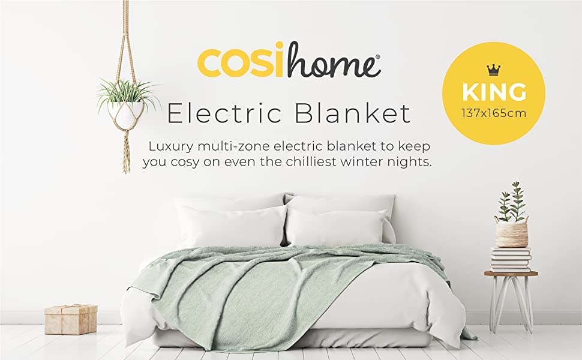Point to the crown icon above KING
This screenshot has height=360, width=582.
[493, 71]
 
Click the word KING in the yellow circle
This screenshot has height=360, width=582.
[493, 92]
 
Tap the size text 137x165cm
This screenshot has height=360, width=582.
[493, 112]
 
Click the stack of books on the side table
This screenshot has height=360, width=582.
[511, 259]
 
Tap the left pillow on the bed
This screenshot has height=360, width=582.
[232, 226]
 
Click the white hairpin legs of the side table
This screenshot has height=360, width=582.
[511, 300]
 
